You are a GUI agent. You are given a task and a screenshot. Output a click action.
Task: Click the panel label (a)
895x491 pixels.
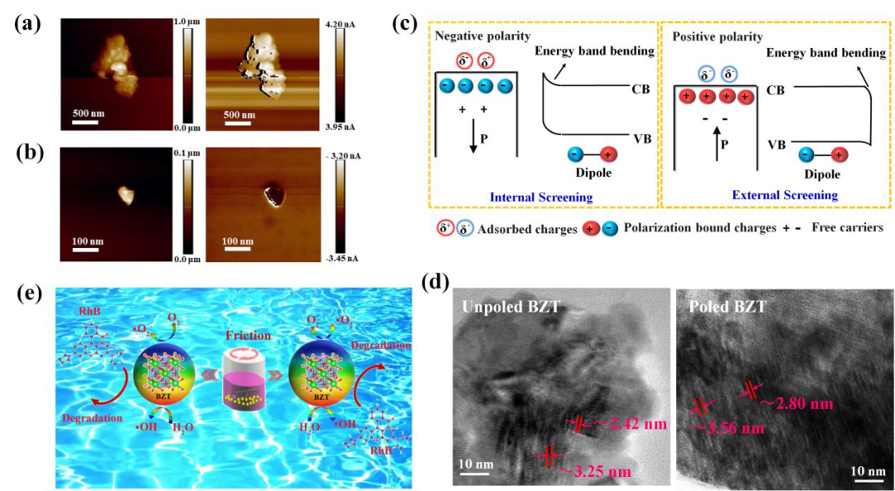(x=26, y=24)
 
